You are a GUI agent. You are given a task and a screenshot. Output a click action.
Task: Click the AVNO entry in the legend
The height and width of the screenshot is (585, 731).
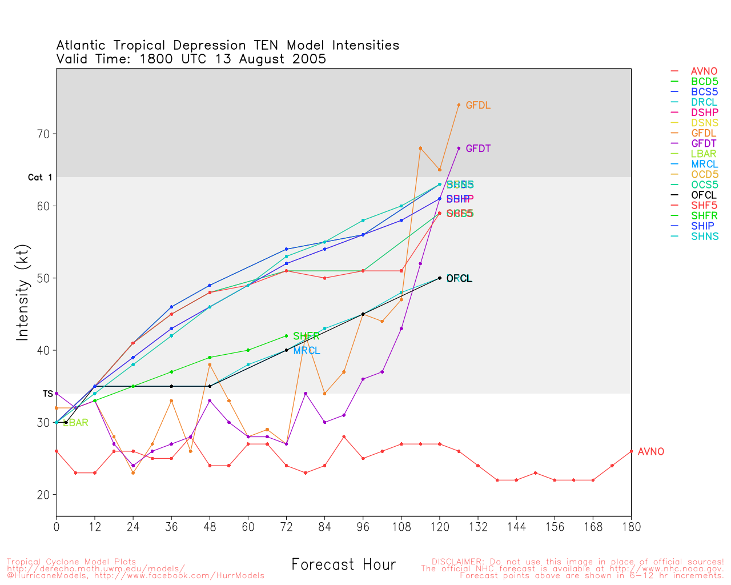click(x=704, y=71)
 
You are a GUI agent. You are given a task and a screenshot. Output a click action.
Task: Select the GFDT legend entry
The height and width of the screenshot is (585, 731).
click(x=704, y=143)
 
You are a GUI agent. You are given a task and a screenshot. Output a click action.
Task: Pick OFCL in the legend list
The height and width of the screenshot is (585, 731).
click(x=704, y=195)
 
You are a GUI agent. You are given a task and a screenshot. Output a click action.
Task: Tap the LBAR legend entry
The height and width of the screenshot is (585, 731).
click(x=704, y=154)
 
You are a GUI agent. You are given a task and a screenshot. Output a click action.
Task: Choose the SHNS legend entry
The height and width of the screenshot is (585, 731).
click(x=705, y=236)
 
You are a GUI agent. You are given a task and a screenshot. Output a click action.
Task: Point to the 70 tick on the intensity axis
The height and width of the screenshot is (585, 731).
click(x=44, y=134)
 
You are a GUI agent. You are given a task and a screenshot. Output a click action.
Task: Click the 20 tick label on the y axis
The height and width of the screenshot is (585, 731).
click(x=44, y=495)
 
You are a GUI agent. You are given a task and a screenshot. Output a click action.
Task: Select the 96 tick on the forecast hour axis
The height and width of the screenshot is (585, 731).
click(x=363, y=526)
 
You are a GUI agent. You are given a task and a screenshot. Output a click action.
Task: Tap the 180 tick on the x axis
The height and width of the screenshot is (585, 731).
click(x=631, y=526)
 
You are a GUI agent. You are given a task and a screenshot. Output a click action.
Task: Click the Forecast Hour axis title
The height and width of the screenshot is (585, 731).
click(x=343, y=565)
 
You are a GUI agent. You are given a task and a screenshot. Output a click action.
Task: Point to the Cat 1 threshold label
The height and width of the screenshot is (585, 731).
click(x=40, y=178)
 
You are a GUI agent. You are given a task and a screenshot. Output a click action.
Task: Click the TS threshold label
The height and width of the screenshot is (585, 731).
click(x=48, y=394)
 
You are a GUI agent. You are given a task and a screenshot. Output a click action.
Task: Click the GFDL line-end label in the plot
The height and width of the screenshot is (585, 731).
click(x=478, y=106)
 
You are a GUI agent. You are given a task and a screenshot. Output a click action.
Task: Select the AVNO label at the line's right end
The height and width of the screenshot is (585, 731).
click(x=650, y=452)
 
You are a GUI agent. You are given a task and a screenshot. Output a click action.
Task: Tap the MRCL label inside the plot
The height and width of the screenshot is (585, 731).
click(x=307, y=351)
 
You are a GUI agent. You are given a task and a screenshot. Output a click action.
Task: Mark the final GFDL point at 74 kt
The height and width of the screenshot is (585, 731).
click(x=459, y=105)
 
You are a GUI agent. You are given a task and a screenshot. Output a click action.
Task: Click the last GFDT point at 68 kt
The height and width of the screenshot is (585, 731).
click(x=459, y=149)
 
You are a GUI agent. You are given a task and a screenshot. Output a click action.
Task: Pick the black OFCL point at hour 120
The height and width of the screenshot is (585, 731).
click(x=440, y=278)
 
